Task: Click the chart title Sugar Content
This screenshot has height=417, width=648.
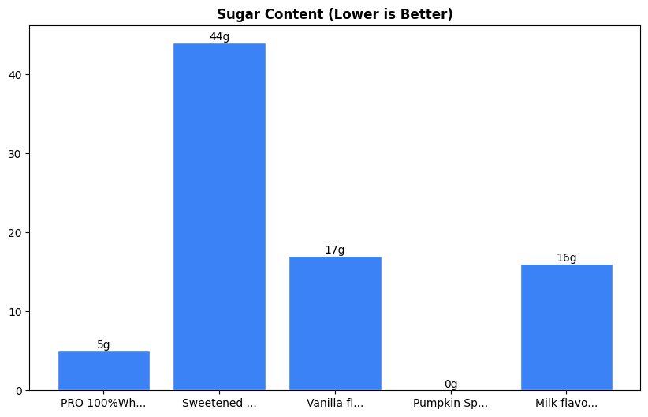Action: click(335, 14)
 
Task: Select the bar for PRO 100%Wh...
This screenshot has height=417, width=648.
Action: click(104, 370)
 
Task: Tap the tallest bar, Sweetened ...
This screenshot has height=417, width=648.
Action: click(219, 216)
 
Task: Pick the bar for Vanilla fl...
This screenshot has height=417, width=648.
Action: click(335, 323)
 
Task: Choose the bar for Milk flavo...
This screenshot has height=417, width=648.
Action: click(566, 327)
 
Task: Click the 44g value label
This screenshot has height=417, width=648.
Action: click(219, 36)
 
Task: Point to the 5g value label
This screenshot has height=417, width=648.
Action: click(104, 344)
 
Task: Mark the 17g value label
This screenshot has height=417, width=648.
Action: click(335, 250)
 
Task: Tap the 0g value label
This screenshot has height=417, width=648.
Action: click(451, 384)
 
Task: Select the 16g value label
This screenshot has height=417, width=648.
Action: click(566, 257)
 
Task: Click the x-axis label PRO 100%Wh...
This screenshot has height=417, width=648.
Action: click(103, 403)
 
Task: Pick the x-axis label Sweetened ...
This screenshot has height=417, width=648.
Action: click(219, 403)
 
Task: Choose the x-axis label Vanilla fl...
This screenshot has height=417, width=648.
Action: click(335, 403)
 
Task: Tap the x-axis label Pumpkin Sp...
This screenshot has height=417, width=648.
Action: click(450, 403)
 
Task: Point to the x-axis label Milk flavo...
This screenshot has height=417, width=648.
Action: click(566, 403)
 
